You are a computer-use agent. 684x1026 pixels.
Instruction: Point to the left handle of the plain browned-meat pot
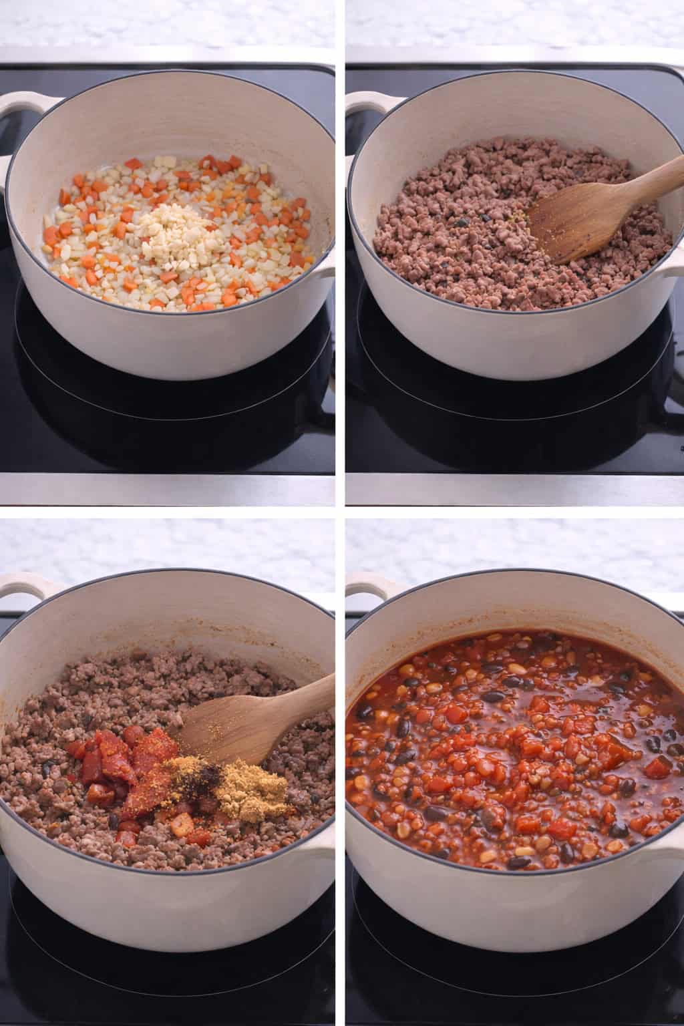tap(365, 105)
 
